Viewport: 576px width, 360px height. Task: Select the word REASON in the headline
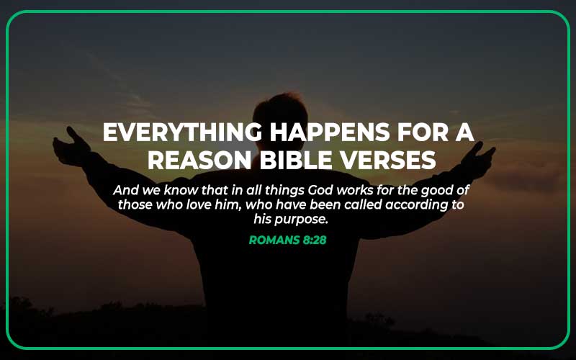[192, 159]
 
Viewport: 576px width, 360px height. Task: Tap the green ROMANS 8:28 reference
[288, 240]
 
